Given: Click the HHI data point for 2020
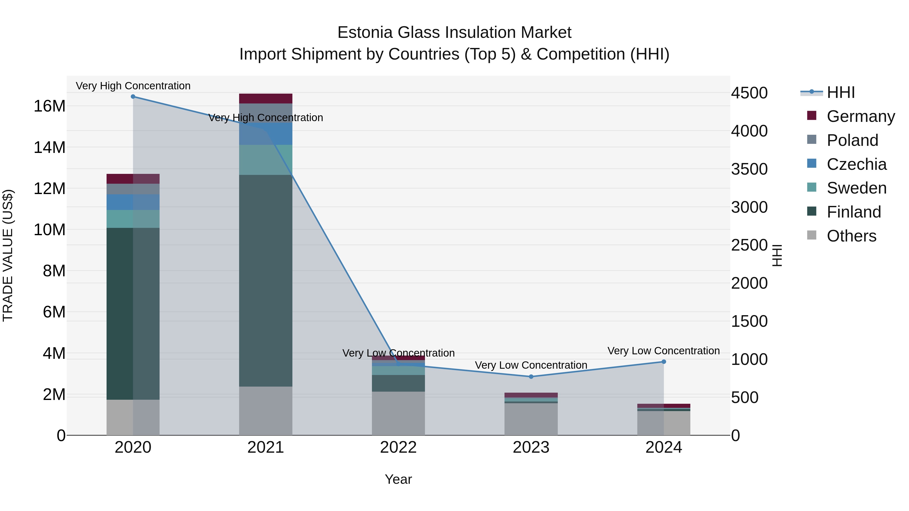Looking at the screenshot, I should [x=133, y=97].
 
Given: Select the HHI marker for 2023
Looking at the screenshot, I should [x=531, y=377].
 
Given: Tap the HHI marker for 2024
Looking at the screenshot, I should [x=664, y=361].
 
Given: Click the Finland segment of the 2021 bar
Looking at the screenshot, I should [x=266, y=280].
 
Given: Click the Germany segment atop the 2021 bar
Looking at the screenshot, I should [x=266, y=98].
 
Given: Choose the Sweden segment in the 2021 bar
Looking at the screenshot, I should [x=266, y=160].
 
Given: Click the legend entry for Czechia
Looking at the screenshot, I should [x=856, y=164].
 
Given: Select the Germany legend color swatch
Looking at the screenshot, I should [x=812, y=116].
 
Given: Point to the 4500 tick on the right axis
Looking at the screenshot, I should [x=749, y=93].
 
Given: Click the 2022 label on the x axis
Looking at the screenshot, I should [x=398, y=447].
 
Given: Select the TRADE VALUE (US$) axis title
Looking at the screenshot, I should [x=8, y=255].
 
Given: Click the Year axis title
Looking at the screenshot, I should [x=398, y=479].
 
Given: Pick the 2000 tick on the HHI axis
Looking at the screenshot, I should [x=749, y=283].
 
